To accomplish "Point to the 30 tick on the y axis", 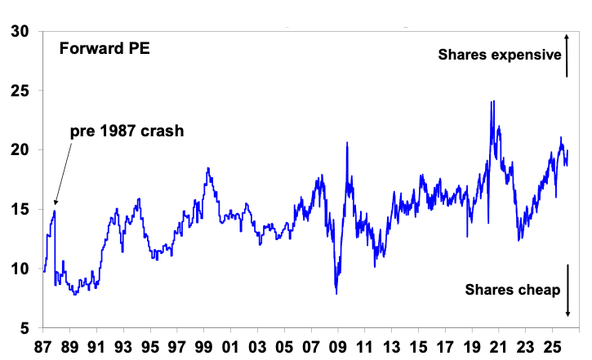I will point(21,31).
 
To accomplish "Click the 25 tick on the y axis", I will point(21,91).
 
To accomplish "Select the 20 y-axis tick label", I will point(21,150).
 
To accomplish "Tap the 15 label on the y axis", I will point(21,210).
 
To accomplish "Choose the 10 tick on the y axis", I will point(21,269).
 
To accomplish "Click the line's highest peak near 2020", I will point(492,101).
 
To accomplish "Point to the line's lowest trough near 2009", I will point(336,294).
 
